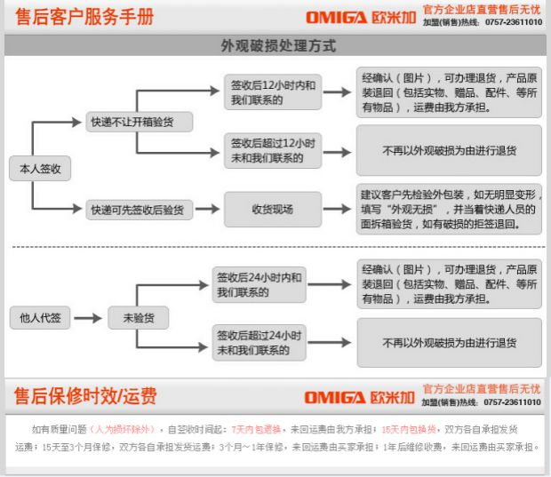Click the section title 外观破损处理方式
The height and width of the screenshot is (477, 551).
point(278,45)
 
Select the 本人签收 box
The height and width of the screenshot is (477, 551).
point(39,168)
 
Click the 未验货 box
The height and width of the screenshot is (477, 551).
point(138,317)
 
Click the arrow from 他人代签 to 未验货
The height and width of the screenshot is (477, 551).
point(89,317)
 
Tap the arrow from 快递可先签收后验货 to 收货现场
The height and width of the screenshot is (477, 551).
point(205,211)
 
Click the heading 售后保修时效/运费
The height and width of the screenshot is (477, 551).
point(85,394)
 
